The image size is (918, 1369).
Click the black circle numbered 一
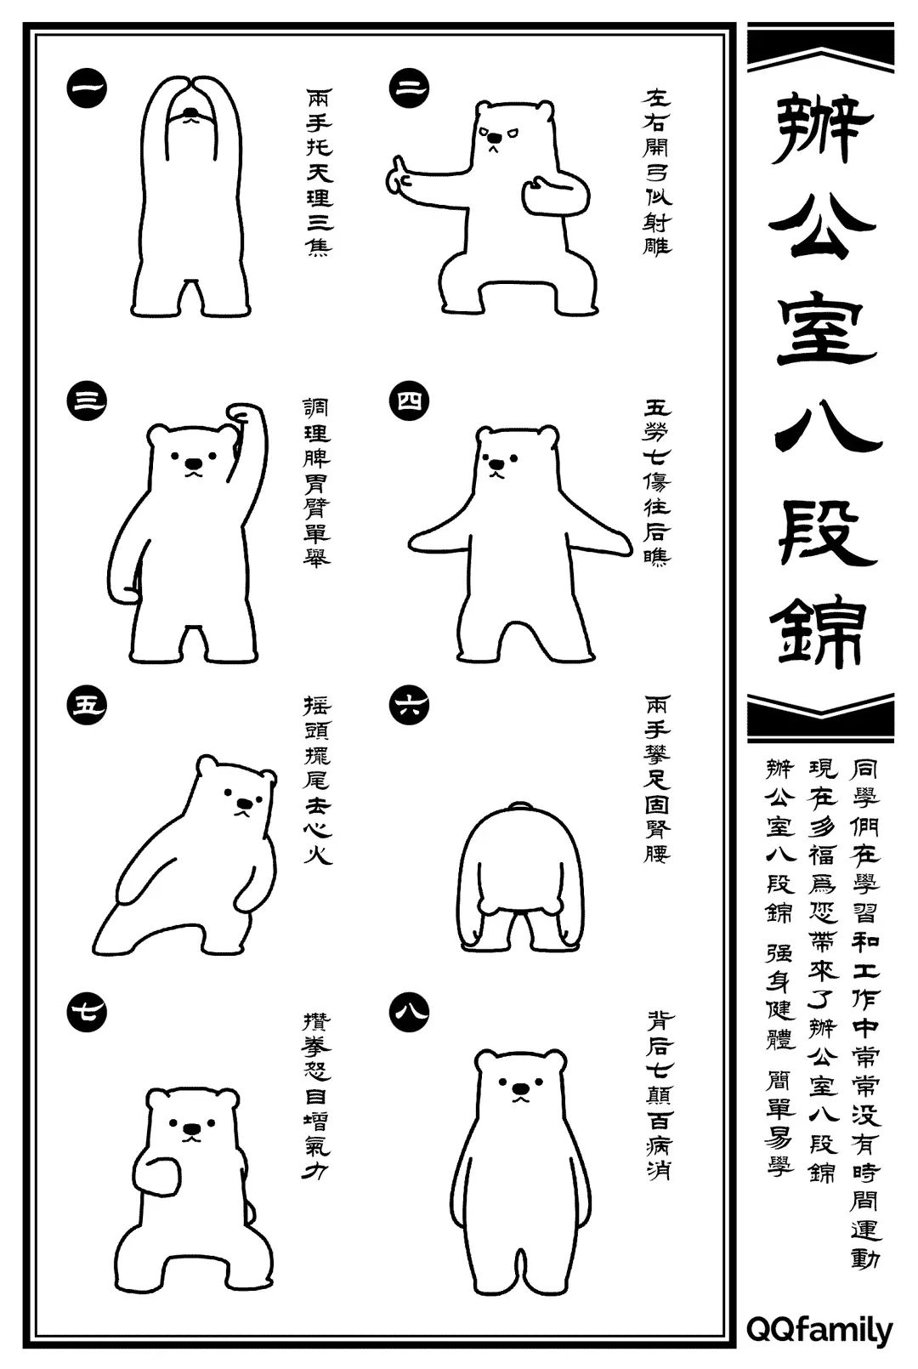(x=86, y=88)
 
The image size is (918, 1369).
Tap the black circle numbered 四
(x=409, y=400)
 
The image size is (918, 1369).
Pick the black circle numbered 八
(x=409, y=1012)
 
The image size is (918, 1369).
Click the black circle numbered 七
(x=86, y=1012)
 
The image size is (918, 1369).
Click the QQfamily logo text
(x=819, y=1330)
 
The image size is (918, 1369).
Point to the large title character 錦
(x=821, y=634)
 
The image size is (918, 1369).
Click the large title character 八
(x=821, y=430)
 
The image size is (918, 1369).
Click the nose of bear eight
(x=518, y=1087)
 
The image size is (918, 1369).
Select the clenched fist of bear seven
(x=160, y=1177)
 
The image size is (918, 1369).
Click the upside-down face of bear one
(x=194, y=115)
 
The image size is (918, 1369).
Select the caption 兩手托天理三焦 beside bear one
(x=319, y=170)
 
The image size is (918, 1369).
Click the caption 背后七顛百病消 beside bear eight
(x=657, y=1094)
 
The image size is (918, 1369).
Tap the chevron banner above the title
(x=820, y=50)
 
